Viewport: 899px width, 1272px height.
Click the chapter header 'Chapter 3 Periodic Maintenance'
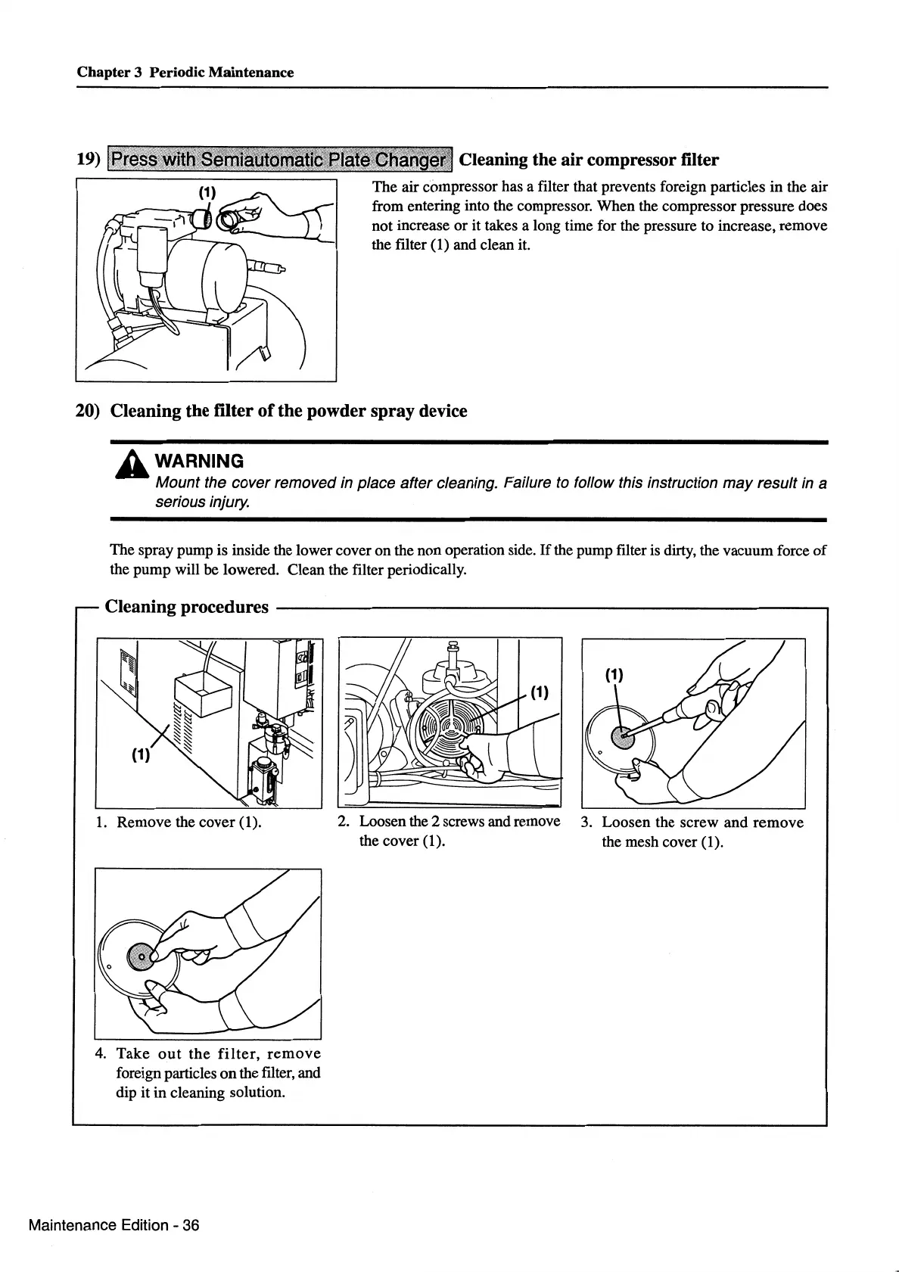pos(185,73)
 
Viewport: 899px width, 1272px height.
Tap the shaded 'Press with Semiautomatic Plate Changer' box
pos(281,160)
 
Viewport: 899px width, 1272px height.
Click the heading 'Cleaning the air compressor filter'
pos(589,160)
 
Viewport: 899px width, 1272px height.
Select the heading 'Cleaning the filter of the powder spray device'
pos(288,411)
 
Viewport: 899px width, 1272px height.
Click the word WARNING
pos(199,461)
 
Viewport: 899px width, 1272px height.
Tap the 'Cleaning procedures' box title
pos(186,607)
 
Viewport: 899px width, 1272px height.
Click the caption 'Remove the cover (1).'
pos(188,823)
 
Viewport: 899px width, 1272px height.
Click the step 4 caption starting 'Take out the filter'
pos(218,1073)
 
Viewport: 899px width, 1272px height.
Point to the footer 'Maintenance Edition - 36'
pos(114,1225)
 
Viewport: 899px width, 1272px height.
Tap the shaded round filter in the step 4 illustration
pos(142,959)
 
